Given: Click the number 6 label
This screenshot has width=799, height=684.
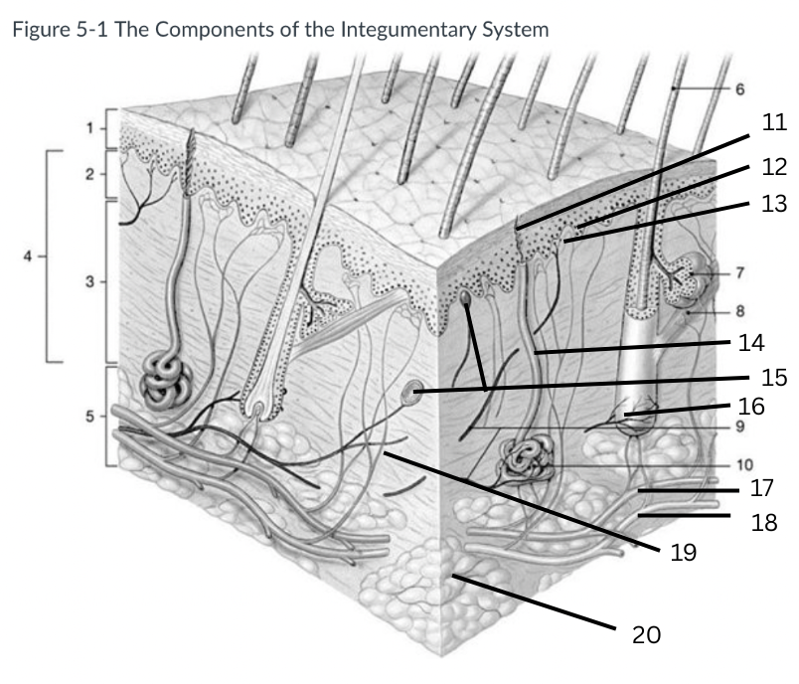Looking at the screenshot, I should (x=739, y=89).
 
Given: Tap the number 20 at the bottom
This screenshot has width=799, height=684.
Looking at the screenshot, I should (x=646, y=633).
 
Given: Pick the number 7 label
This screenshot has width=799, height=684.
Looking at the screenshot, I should (x=739, y=271).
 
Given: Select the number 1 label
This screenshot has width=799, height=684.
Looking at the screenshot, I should (x=88, y=128).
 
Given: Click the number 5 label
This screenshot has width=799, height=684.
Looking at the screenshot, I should (x=88, y=416).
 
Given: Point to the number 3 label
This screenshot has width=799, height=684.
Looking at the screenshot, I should (x=88, y=282).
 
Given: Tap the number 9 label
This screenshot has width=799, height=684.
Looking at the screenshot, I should (x=739, y=427).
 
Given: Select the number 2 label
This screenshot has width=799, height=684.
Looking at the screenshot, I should (x=88, y=174).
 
